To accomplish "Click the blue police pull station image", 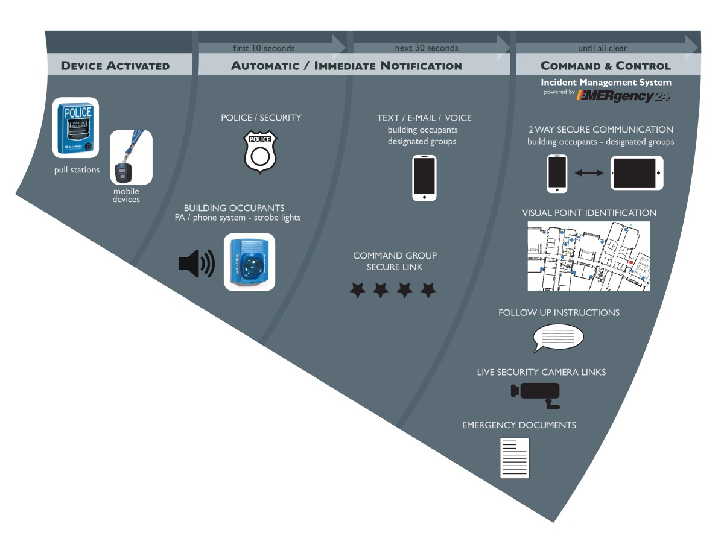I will [x=75, y=128].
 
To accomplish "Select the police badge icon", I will [x=260, y=153].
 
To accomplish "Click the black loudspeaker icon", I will [x=196, y=264].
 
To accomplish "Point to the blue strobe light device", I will [x=249, y=262].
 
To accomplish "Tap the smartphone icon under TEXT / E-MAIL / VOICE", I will [x=424, y=178].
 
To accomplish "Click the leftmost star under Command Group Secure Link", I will [x=358, y=291].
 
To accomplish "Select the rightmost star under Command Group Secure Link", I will [x=428, y=291].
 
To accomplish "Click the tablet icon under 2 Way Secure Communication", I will [x=637, y=173].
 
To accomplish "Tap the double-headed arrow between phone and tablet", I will [x=589, y=173].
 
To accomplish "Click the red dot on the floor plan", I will [x=631, y=262].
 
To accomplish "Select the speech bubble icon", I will [x=558, y=338].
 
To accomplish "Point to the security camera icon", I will [x=536, y=393].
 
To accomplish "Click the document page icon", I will [x=514, y=458].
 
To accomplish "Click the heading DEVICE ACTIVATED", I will [x=115, y=66].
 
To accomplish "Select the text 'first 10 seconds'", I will [x=264, y=48].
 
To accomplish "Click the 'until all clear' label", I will [x=602, y=48].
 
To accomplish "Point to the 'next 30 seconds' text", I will [x=426, y=48].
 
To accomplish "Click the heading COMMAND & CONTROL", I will [x=605, y=66].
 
